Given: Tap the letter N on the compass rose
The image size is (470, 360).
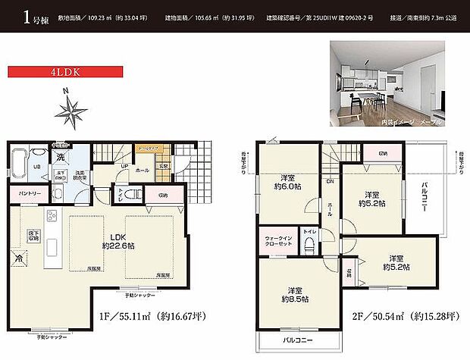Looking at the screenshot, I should tap(67, 93).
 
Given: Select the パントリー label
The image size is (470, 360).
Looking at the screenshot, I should tap(30, 195).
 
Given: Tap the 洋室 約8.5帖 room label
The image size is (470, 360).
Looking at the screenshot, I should tap(297, 293).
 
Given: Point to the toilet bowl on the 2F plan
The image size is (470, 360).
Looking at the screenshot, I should tap(309, 245).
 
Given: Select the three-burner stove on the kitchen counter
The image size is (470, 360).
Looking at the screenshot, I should tap(51, 217).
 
